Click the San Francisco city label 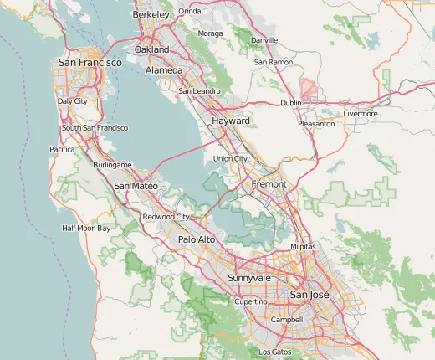(x=90, y=63)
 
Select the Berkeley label (x=151, y=14)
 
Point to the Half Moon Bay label (x=86, y=228)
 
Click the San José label (x=310, y=296)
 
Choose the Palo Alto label (x=197, y=239)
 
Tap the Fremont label (x=269, y=183)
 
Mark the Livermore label (x=361, y=113)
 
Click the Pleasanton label (x=316, y=124)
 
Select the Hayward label (x=231, y=121)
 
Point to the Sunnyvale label (x=249, y=277)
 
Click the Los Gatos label (x=275, y=352)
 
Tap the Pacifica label (x=62, y=149)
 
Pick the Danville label (x=264, y=40)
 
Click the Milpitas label (x=302, y=248)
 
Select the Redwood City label (x=166, y=217)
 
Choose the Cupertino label (x=250, y=301)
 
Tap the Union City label (x=230, y=158)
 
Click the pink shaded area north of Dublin (x=310, y=88)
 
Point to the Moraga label (x=210, y=33)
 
